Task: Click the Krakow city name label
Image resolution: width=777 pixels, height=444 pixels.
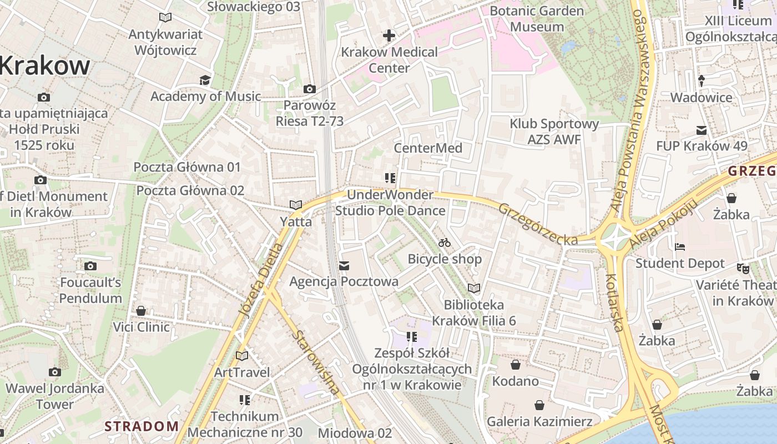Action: click(x=44, y=66)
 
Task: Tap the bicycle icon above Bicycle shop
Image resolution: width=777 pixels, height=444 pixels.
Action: click(x=445, y=243)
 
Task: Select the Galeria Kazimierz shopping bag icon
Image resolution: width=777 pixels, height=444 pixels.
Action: click(x=539, y=405)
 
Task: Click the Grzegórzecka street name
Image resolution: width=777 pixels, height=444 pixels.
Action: click(x=537, y=225)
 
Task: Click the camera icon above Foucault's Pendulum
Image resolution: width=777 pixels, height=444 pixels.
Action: click(x=90, y=266)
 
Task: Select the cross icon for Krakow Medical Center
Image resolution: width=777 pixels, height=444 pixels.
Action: click(x=389, y=36)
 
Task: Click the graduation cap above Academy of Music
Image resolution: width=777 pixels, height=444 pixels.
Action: click(x=205, y=80)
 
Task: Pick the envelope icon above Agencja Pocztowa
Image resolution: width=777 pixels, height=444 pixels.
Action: click(x=344, y=266)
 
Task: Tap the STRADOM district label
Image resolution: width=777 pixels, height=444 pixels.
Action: click(x=142, y=426)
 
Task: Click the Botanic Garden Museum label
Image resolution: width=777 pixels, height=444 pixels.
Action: click(x=537, y=19)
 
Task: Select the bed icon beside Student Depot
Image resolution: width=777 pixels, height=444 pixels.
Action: click(x=680, y=247)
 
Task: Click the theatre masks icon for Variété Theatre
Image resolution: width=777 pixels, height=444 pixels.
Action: click(x=743, y=269)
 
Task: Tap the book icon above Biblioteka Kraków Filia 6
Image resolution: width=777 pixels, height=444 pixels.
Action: click(x=473, y=289)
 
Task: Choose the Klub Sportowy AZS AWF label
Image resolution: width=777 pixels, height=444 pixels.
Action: click(x=554, y=132)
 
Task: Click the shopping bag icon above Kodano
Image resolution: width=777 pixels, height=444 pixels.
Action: click(x=516, y=365)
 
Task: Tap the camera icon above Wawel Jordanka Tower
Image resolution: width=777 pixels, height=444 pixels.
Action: click(x=54, y=372)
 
